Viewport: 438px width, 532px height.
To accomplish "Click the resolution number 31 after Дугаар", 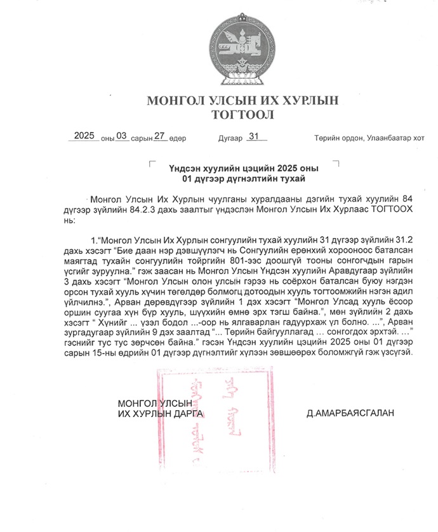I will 255,136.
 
